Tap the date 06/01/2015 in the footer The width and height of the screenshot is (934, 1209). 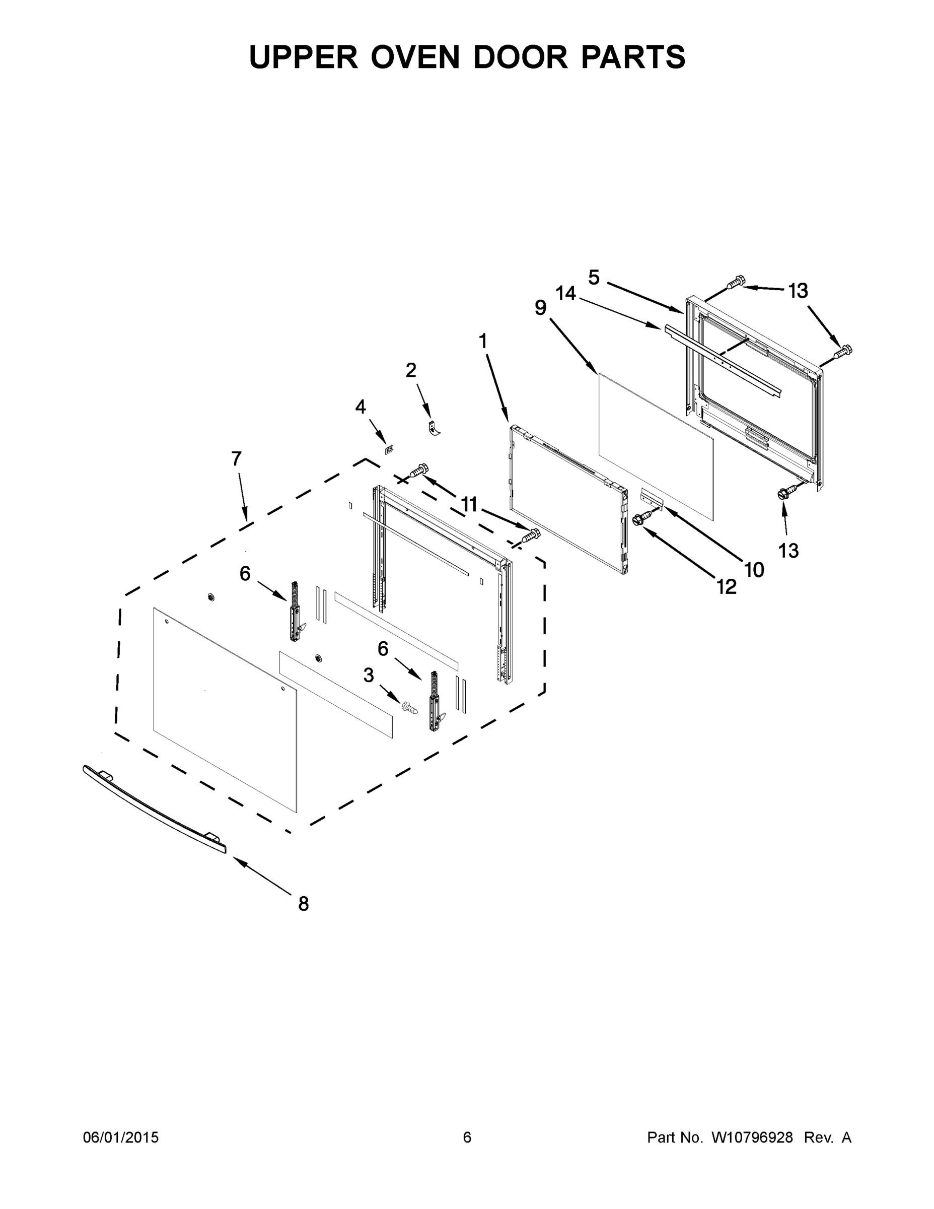121,1137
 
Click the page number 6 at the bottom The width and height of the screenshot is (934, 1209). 467,1137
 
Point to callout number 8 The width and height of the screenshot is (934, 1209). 303,904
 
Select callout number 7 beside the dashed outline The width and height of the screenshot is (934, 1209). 236,459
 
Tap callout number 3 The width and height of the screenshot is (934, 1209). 369,675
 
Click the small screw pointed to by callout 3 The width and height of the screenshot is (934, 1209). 409,707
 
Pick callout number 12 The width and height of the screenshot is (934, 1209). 727,587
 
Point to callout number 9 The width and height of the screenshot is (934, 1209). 541,308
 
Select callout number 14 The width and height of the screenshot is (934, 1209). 566,293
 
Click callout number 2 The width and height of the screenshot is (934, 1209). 410,370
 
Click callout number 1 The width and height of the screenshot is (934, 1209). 483,341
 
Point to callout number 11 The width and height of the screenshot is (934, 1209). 469,504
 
